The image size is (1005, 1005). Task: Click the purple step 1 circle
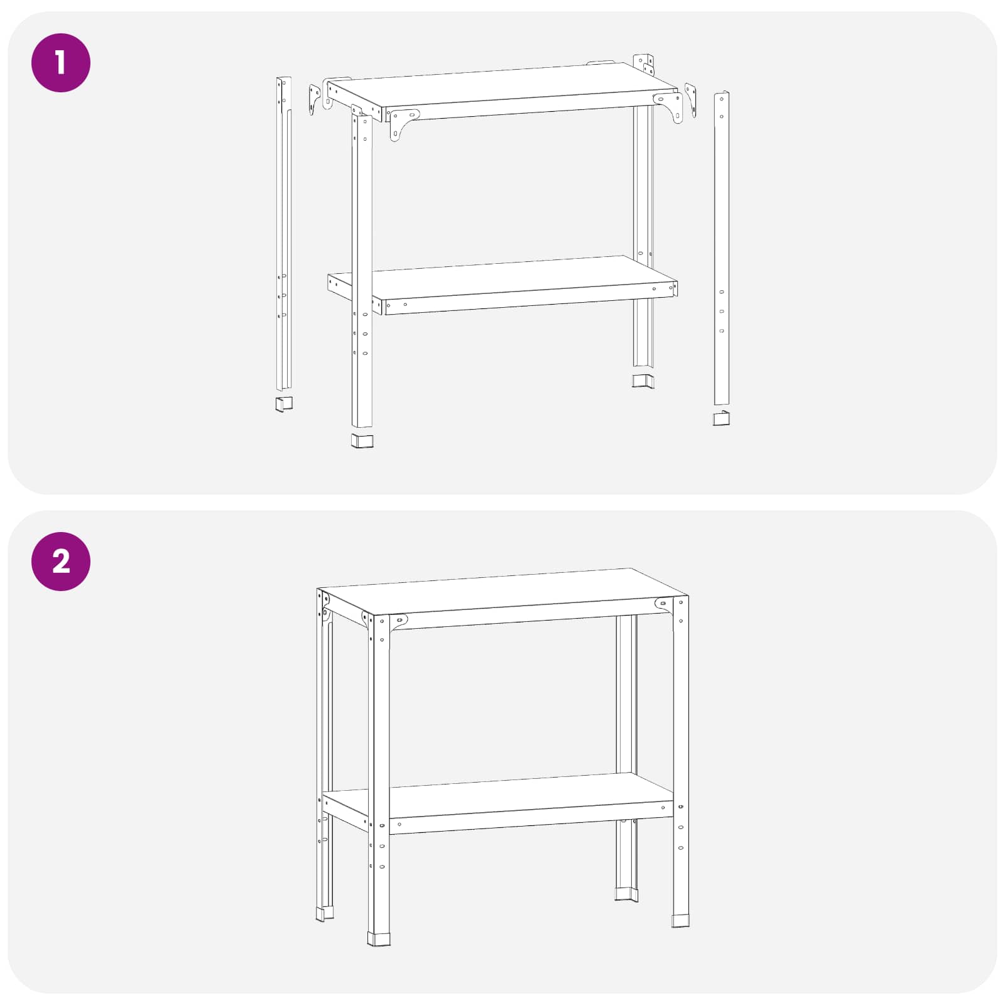61,63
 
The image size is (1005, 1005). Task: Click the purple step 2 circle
61,561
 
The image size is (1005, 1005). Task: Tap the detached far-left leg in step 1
284,234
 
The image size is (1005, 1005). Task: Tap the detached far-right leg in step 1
721,249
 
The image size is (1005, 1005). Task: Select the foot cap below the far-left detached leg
284,404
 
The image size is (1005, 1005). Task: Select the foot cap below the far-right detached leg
721,418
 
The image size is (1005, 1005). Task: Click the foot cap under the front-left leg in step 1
362,440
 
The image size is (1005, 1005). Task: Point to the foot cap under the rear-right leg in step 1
643,381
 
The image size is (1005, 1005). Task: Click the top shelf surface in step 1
503,86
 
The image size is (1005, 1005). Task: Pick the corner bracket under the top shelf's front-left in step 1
402,124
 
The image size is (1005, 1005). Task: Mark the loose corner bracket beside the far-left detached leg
315,100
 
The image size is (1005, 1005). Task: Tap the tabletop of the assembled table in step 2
503,591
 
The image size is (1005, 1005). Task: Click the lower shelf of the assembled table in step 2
503,795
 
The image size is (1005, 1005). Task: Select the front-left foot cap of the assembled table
379,939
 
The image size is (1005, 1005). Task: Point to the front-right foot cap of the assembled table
680,921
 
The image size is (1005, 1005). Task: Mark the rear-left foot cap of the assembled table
325,914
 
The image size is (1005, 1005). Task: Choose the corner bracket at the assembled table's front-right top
664,604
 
